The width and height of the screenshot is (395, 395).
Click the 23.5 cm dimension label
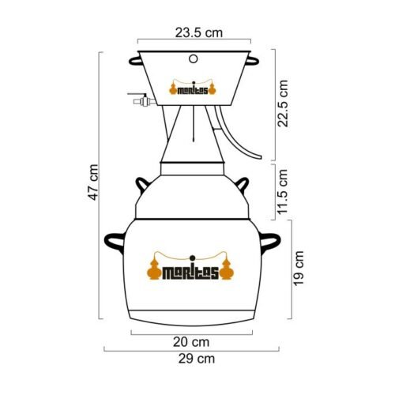[x=199, y=33]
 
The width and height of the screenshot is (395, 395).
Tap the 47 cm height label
[x=93, y=182]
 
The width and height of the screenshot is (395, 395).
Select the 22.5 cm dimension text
[x=283, y=103]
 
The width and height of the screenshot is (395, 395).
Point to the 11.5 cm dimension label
[x=283, y=192]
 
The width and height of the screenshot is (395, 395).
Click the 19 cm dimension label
[x=299, y=269]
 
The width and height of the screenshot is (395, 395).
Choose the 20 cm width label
[x=191, y=342]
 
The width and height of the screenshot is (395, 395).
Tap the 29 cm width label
[x=197, y=359]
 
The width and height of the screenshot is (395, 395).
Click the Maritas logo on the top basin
[x=193, y=88]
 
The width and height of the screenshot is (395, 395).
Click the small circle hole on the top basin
[x=194, y=58]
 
